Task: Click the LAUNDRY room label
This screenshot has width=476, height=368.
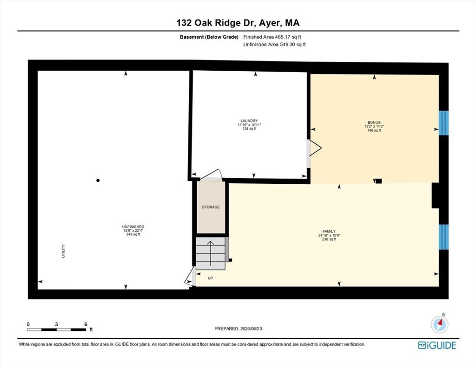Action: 249,120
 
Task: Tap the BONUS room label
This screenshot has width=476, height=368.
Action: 374,122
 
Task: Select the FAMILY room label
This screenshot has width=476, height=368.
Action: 329,231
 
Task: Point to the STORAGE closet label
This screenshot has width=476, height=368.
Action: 211,207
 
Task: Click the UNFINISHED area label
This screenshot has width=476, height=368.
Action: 133,227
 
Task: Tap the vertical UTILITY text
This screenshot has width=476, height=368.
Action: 63,251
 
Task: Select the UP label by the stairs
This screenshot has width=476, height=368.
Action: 211,278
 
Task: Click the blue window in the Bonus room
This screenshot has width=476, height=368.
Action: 443,123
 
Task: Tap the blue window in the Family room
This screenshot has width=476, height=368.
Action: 443,237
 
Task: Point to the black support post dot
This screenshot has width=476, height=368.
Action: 98,180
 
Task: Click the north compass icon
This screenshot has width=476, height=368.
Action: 440,324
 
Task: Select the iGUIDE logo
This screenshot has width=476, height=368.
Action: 437,345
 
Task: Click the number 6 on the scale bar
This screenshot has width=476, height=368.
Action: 86,324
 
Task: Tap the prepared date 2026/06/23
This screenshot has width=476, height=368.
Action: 251,328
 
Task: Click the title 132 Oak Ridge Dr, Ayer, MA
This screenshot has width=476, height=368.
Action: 238,23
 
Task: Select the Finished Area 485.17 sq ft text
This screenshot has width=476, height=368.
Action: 272,37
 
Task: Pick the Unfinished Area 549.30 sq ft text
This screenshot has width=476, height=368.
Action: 274,44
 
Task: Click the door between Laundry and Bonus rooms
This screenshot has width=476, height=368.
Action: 314,148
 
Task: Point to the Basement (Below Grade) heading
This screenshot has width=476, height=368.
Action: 209,37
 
